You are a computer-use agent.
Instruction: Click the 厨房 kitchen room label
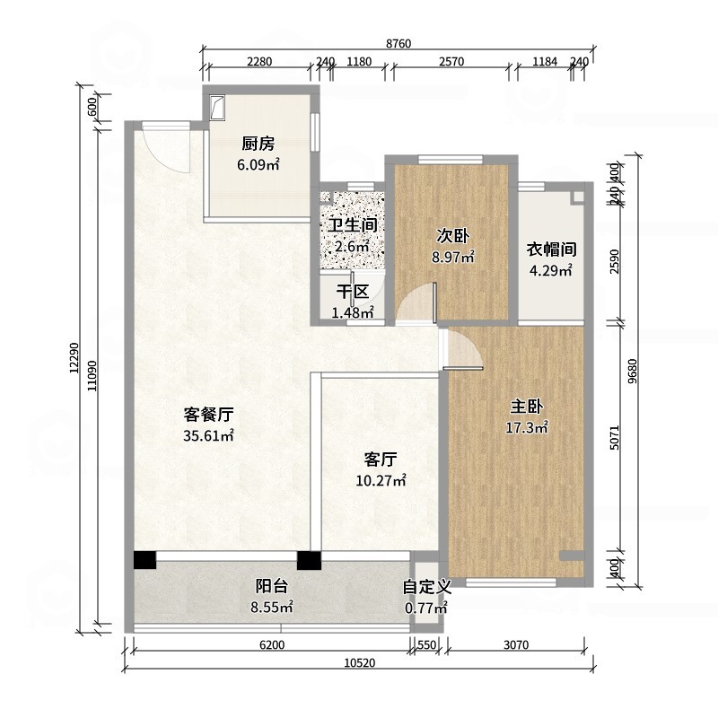pos(258,144)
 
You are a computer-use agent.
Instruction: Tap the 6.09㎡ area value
pos(258,164)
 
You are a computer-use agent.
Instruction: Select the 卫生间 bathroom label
pos(353,225)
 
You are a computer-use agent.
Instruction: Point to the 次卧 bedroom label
pos(452,236)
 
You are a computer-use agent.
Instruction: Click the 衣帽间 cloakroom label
pos(551,250)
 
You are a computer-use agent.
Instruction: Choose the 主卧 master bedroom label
pos(527,407)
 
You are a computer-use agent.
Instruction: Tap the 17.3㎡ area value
pos(527,428)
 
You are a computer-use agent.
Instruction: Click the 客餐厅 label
pos(208,415)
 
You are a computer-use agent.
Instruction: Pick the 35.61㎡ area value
pos(208,435)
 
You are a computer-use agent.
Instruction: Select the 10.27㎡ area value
pos(381,480)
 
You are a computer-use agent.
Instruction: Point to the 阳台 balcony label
pos(272,586)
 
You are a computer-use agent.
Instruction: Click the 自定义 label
pos(427,587)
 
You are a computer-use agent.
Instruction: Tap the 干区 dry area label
pos(353,292)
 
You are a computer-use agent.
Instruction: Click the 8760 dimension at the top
pos(398,43)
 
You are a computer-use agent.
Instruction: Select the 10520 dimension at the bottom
pos(360,662)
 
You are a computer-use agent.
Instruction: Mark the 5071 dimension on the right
pos(615,437)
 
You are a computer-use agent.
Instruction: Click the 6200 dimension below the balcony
pos(272,644)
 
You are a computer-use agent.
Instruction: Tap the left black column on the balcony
pos(144,560)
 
